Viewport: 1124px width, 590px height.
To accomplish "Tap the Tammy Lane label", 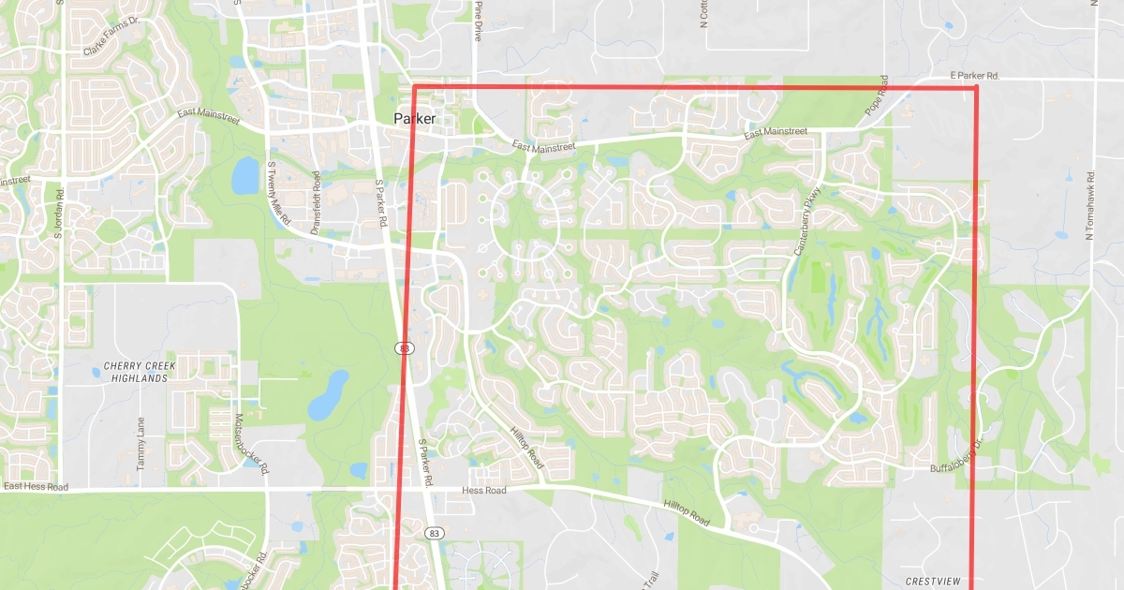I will (141, 443).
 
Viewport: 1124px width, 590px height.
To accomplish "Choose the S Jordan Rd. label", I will (57, 214).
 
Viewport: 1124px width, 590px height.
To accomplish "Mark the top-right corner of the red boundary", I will (977, 87).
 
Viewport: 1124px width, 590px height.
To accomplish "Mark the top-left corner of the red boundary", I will (414, 87).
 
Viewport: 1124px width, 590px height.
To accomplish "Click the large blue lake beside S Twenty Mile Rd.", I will (244, 175).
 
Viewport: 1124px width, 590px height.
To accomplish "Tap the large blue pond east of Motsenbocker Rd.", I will (328, 394).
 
